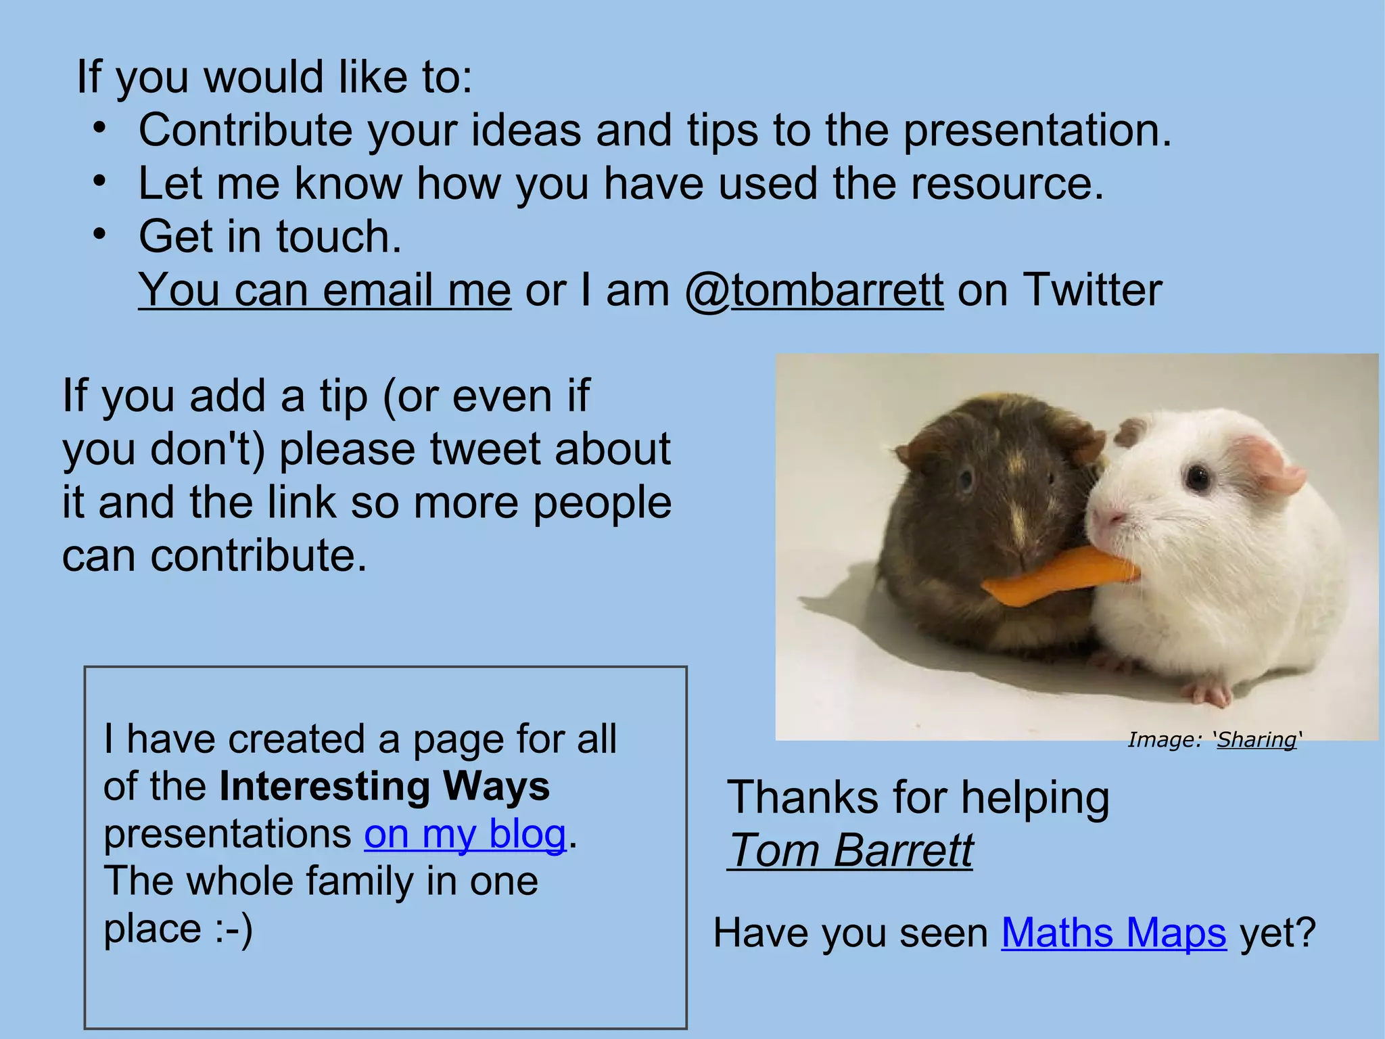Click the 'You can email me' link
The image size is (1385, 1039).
point(325,290)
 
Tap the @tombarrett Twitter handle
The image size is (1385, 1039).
point(814,290)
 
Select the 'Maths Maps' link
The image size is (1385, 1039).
point(1113,933)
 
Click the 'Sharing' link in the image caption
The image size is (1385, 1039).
point(1257,739)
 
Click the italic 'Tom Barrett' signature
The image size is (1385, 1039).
point(851,850)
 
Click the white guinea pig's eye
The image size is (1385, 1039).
point(1198,478)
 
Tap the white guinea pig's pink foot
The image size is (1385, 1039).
point(1211,694)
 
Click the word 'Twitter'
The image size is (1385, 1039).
point(1091,290)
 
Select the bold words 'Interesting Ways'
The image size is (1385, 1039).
point(384,786)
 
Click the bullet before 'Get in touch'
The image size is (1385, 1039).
point(100,234)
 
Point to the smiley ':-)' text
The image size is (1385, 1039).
point(234,928)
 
